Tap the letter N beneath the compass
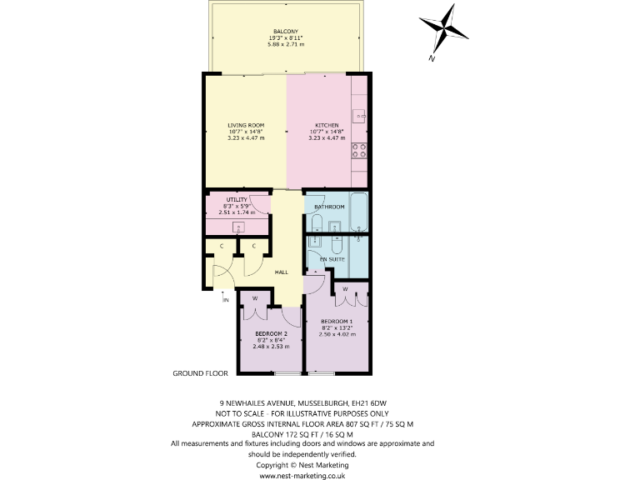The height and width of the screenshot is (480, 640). pyautogui.click(x=432, y=58)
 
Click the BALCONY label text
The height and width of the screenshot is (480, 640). pyautogui.click(x=285, y=32)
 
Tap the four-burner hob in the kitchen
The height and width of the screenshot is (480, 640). pyautogui.click(x=361, y=151)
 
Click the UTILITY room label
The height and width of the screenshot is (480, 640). pyautogui.click(x=237, y=200)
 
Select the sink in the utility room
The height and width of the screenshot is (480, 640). pyautogui.click(x=239, y=227)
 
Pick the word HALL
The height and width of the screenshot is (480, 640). pyautogui.click(x=282, y=272)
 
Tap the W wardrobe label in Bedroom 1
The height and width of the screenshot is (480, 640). pyautogui.click(x=345, y=289)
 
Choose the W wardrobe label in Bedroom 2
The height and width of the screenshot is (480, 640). pyautogui.click(x=255, y=297)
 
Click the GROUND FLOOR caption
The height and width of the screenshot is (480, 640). pyautogui.click(x=200, y=374)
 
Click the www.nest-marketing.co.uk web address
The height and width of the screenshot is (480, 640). pyautogui.click(x=302, y=476)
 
